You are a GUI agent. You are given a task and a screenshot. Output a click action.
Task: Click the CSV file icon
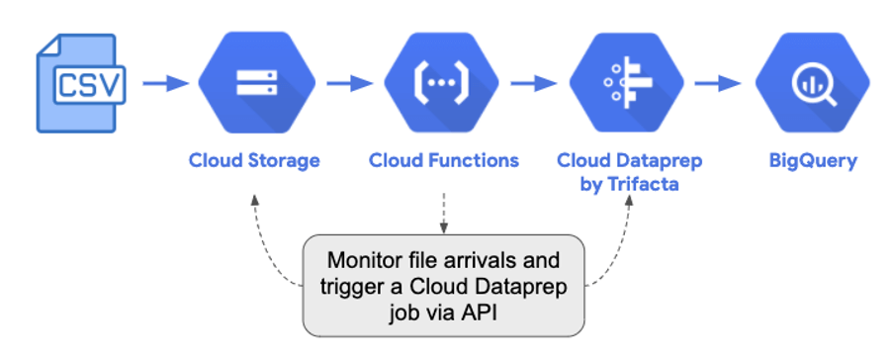pos(81,83)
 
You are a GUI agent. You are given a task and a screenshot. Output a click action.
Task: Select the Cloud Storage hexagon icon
pos(256,84)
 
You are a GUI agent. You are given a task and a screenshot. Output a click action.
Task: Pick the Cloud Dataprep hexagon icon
pos(627,84)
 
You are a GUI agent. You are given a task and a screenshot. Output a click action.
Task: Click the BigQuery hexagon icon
pos(813,84)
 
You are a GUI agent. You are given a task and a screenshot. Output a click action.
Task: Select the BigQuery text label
pos(813,160)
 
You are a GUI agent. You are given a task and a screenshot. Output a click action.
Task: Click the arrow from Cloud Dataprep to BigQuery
pos(719,84)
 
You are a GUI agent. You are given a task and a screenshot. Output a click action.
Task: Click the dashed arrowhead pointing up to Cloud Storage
pos(255,200)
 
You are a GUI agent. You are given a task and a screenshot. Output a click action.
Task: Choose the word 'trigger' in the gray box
pos(355,286)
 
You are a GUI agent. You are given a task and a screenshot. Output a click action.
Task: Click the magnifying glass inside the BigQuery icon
pos(815,85)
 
